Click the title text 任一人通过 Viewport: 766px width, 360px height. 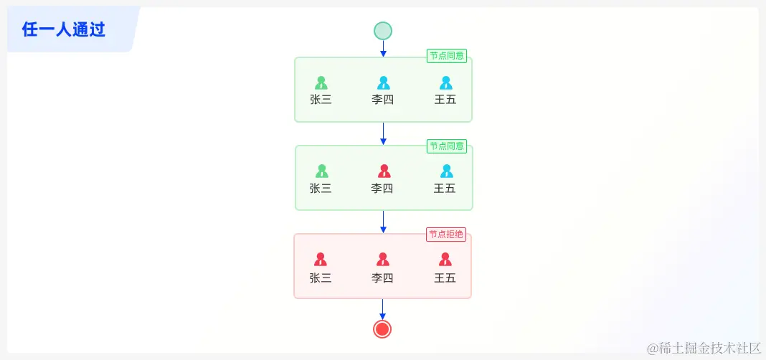click(x=64, y=29)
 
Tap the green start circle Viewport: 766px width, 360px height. click(x=383, y=31)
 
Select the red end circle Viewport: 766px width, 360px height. click(x=382, y=328)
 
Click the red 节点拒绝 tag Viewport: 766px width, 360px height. click(x=446, y=235)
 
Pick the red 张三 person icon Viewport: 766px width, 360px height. click(x=321, y=259)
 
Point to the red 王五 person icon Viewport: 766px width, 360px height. click(x=445, y=259)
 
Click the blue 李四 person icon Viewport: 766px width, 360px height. click(x=384, y=82)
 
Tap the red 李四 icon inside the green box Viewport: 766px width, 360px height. click(x=384, y=171)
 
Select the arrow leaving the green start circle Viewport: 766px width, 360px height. click(x=383, y=49)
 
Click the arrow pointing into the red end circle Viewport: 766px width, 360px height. click(x=382, y=309)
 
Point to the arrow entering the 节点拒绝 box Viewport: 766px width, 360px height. click(x=383, y=222)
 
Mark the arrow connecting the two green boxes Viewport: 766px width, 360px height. click(x=383, y=133)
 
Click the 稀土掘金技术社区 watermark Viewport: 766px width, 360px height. click(x=704, y=348)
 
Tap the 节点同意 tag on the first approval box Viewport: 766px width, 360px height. click(x=447, y=56)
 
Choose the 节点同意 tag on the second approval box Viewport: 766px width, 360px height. click(x=447, y=146)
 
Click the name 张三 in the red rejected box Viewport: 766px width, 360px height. click(x=321, y=278)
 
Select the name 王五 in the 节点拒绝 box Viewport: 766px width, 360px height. click(x=445, y=278)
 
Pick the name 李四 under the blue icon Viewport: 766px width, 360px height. click(x=383, y=100)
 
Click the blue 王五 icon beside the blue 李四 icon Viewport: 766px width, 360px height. click(x=446, y=82)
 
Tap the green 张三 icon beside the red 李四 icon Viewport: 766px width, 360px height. click(x=321, y=171)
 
